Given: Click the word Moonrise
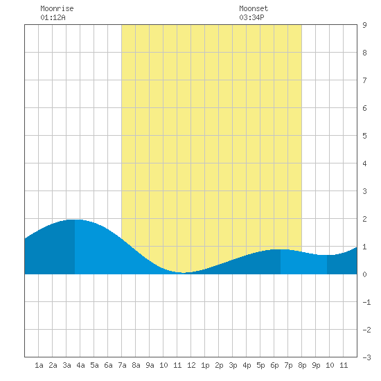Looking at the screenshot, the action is [x=57, y=8].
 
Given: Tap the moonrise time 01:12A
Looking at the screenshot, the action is [x=53, y=17].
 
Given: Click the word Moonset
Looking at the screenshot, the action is [x=254, y=8].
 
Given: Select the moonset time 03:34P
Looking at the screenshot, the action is [x=251, y=17].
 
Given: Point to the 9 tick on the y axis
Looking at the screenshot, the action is [x=364, y=25].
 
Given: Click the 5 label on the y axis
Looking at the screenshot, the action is [x=364, y=136].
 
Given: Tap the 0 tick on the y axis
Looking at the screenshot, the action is [x=364, y=274].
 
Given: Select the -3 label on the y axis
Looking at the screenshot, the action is [x=366, y=357].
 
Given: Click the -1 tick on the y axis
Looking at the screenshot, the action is [x=366, y=302].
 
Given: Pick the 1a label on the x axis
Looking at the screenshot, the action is [x=39, y=365].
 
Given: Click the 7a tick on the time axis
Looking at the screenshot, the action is [x=122, y=365].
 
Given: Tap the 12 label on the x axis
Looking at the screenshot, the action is [x=191, y=365].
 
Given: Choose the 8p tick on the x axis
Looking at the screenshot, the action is [x=302, y=365].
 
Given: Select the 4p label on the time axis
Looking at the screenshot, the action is [x=247, y=365].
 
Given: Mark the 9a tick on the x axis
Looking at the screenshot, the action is [x=150, y=365].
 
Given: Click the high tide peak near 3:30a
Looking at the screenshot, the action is [x=75, y=220].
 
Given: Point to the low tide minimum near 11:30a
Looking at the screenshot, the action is [x=184, y=273].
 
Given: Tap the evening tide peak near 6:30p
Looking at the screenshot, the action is [x=280, y=249].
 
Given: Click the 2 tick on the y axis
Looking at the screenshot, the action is [x=364, y=219].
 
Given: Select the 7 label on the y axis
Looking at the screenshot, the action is [x=364, y=80].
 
